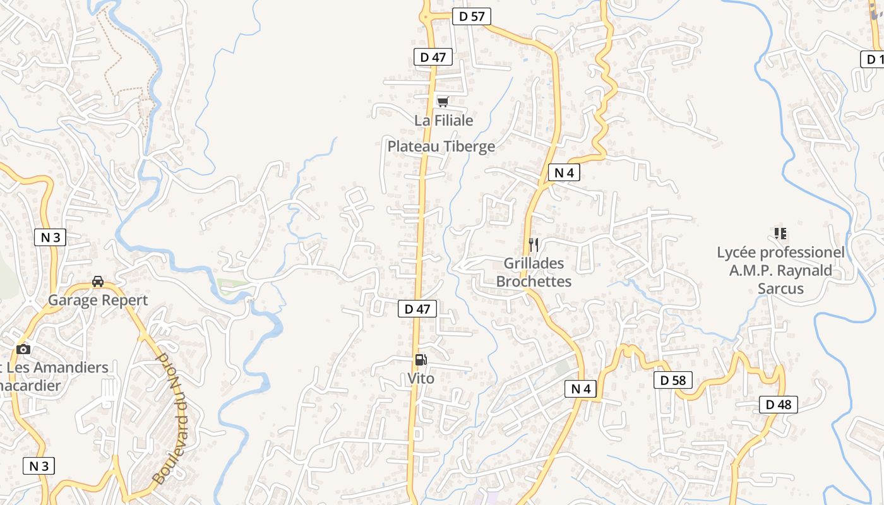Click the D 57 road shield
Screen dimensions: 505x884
click(472, 16)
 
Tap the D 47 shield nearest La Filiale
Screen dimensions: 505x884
click(433, 57)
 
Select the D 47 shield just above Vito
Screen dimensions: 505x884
click(417, 309)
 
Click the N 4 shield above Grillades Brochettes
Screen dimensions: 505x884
click(563, 172)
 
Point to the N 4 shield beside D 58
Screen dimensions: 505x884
click(580, 389)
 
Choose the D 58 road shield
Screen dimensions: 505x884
click(672, 380)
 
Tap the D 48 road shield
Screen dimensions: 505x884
click(778, 405)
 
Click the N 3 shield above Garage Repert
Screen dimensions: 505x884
click(50, 237)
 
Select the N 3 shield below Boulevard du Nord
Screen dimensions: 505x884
click(39, 466)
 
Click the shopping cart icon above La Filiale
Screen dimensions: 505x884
click(443, 102)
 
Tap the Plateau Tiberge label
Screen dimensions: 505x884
click(441, 146)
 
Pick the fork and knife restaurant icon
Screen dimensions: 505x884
click(534, 244)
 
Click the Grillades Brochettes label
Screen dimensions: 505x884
click(534, 272)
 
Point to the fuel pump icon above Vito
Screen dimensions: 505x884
click(421, 360)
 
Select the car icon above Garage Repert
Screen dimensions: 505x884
click(98, 281)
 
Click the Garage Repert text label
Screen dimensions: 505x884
click(98, 300)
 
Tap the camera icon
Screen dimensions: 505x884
click(23, 349)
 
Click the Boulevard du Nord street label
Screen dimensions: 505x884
click(172, 418)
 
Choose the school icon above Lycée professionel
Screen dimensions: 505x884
click(780, 234)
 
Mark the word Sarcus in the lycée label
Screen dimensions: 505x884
click(780, 288)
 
